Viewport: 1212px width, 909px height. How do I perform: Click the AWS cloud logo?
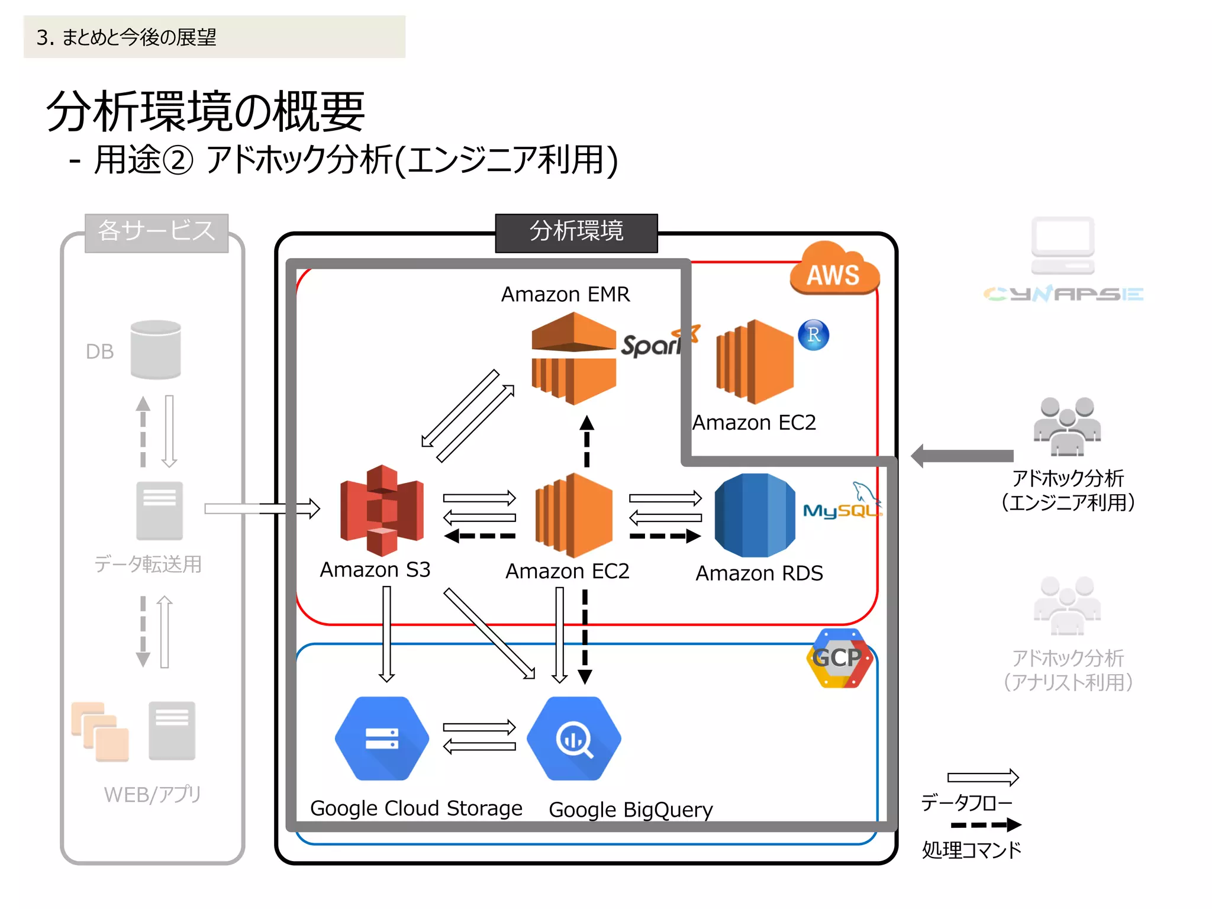[x=834, y=269]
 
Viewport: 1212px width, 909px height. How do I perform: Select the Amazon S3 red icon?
[x=382, y=510]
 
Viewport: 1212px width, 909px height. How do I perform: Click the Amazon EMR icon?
[x=573, y=358]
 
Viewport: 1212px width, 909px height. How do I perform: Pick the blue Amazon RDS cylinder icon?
[x=755, y=515]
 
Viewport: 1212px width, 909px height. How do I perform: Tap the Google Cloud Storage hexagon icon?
[x=382, y=739]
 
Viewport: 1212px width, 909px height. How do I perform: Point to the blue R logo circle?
[x=813, y=335]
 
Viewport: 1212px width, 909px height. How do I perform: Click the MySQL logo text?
[x=840, y=510]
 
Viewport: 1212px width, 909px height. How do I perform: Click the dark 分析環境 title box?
[x=576, y=232]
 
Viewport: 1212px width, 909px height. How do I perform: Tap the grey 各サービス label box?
[x=156, y=232]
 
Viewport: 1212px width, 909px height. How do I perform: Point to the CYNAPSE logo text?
[x=1063, y=294]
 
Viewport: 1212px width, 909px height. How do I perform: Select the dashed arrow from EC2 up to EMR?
[x=586, y=441]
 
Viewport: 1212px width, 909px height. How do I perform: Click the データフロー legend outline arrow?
[x=982, y=777]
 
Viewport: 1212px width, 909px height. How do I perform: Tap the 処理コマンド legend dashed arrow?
[x=985, y=824]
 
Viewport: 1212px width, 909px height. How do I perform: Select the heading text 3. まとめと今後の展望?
[x=127, y=37]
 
